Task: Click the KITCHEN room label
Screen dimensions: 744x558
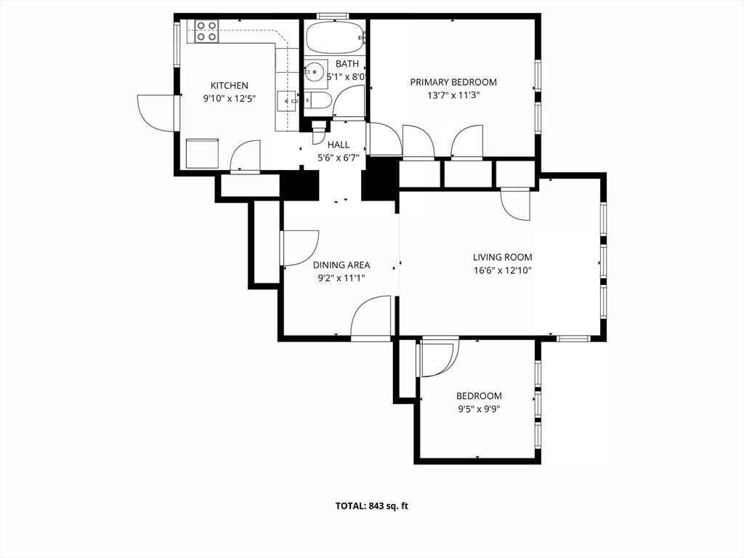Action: pyautogui.click(x=229, y=86)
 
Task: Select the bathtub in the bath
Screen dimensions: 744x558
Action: pyautogui.click(x=336, y=37)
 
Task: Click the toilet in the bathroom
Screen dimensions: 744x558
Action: pyautogui.click(x=318, y=100)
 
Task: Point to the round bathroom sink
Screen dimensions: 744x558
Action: pyautogui.click(x=315, y=72)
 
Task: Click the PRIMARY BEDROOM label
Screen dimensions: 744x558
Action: pyautogui.click(x=453, y=82)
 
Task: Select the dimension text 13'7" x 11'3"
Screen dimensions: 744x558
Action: pyautogui.click(x=453, y=95)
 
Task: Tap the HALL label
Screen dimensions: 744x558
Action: pyautogui.click(x=339, y=145)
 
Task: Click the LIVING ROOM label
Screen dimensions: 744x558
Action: pyautogui.click(x=503, y=257)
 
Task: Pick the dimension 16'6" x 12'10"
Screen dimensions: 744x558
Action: pyautogui.click(x=503, y=271)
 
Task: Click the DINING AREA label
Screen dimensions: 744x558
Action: pyautogui.click(x=341, y=264)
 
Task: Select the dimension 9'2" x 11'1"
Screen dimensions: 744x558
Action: pyautogui.click(x=341, y=278)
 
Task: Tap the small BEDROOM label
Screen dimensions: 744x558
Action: pyautogui.click(x=479, y=396)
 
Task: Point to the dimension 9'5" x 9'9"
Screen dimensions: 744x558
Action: pyautogui.click(x=479, y=409)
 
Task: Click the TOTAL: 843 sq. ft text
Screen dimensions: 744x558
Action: pyautogui.click(x=371, y=506)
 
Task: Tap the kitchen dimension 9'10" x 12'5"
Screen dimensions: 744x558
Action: pyautogui.click(x=229, y=99)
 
